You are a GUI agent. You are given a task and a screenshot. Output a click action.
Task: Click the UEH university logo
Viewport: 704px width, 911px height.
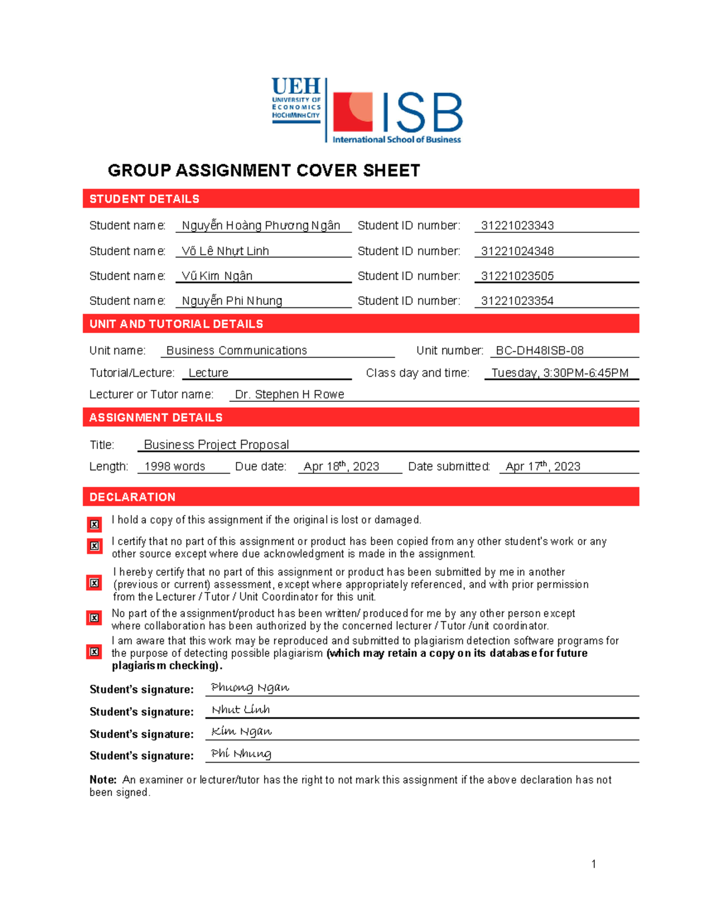click(296, 100)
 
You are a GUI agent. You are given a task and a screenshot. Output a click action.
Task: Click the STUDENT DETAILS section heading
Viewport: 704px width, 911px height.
click(144, 199)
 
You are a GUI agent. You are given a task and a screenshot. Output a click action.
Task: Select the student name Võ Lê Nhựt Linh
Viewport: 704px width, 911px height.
click(225, 251)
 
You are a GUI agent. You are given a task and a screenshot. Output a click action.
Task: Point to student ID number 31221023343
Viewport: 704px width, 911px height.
click(517, 226)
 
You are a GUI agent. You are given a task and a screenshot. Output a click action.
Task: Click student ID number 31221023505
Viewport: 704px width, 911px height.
click(517, 276)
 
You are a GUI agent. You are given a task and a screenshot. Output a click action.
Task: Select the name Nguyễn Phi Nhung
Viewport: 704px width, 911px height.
click(232, 301)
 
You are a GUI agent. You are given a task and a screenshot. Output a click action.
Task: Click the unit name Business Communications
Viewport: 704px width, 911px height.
click(236, 351)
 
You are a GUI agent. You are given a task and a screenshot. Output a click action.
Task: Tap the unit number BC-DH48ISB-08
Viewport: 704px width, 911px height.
click(539, 351)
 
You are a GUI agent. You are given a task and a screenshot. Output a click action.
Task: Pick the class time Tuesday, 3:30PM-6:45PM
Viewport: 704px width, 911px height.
click(560, 373)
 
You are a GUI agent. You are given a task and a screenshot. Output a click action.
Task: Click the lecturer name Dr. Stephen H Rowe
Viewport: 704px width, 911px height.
click(289, 395)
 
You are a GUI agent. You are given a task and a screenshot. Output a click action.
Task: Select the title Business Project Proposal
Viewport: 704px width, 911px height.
click(216, 445)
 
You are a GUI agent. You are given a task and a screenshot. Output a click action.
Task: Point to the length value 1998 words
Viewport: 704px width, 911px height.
click(174, 467)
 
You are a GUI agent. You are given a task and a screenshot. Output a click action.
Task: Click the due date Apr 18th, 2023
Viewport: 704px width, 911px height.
click(341, 467)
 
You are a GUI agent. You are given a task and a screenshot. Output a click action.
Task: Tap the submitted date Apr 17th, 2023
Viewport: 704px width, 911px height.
click(543, 467)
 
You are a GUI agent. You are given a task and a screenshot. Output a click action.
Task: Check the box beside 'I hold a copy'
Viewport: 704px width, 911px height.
click(94, 524)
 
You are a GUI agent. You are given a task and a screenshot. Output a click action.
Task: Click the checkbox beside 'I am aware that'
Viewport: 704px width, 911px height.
click(94, 652)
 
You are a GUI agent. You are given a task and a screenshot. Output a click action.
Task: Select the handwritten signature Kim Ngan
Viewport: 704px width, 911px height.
click(241, 731)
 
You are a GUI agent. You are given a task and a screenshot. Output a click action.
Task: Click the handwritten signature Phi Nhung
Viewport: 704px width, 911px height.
click(241, 754)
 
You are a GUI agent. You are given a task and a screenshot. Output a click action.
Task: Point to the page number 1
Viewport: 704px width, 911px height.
click(594, 863)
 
